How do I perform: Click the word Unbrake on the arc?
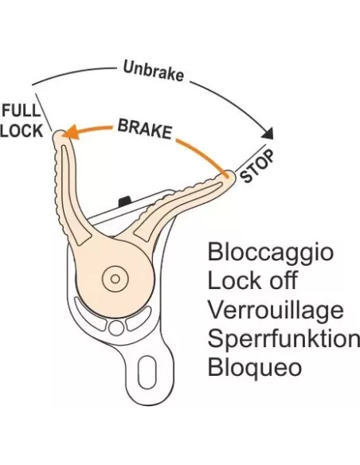click(x=153, y=71)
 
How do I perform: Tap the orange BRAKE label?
click(x=145, y=129)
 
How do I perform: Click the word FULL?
click(x=21, y=111)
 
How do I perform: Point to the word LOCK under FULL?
click(x=22, y=131)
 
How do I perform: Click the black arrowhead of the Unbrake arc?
click(x=268, y=133)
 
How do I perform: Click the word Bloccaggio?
click(x=271, y=253)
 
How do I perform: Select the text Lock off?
click(x=252, y=280)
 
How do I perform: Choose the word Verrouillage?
click(x=276, y=310)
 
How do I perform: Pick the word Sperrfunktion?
click(x=284, y=338)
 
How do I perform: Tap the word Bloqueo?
click(x=255, y=368)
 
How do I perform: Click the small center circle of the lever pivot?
click(x=115, y=279)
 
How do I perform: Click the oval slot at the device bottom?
click(x=147, y=372)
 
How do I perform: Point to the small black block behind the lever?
click(x=124, y=201)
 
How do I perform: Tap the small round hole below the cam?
click(x=116, y=328)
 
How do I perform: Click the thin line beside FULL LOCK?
click(x=44, y=112)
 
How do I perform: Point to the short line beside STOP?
click(x=252, y=158)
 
